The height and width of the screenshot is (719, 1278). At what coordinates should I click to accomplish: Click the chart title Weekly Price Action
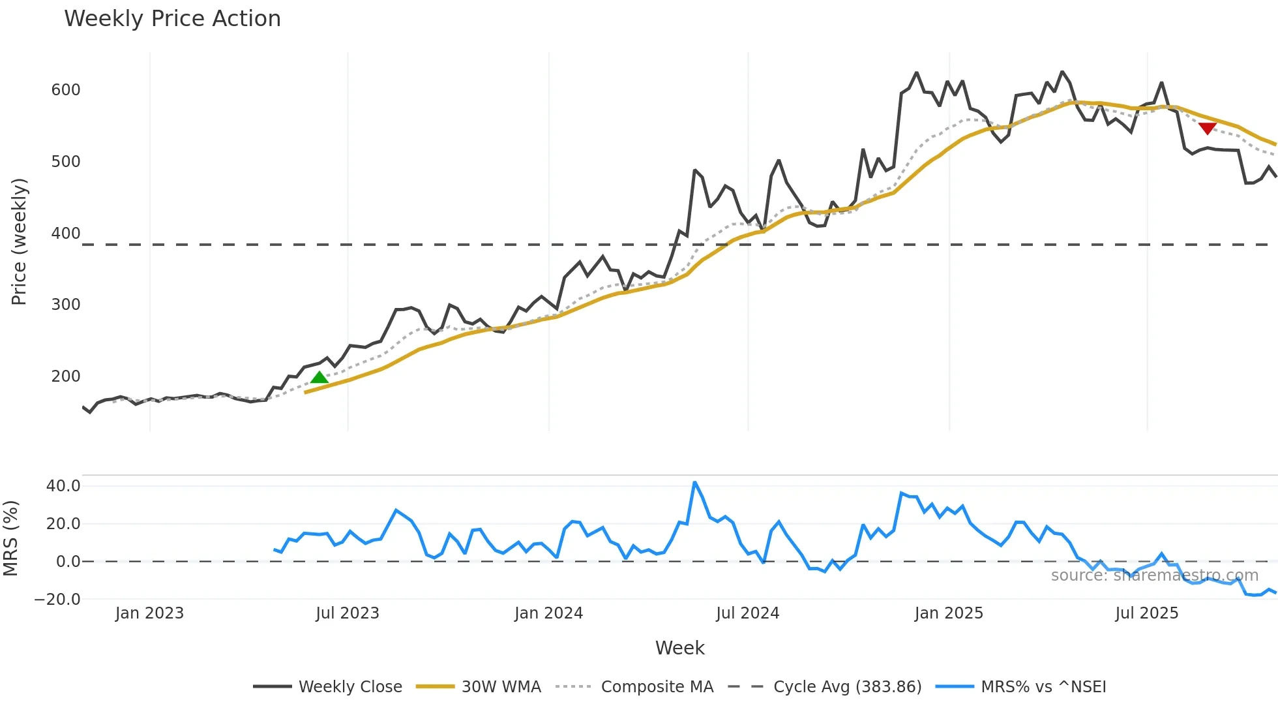[x=172, y=19]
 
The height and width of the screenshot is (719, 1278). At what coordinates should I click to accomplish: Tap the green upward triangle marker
[x=319, y=377]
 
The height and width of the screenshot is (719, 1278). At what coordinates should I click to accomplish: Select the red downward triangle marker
[x=1207, y=129]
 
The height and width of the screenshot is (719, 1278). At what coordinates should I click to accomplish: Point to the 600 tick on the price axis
[x=66, y=90]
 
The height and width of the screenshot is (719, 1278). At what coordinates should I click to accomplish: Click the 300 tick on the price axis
[x=66, y=305]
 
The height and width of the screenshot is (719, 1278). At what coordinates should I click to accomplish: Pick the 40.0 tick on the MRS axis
[x=63, y=486]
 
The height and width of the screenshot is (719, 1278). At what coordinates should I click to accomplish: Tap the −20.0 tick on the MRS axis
[x=58, y=600]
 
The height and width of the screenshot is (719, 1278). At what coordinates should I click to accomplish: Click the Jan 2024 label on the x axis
[x=548, y=613]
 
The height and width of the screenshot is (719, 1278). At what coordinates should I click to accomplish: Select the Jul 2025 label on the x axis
[x=1146, y=613]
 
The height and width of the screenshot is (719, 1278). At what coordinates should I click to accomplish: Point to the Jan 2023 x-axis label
[x=149, y=613]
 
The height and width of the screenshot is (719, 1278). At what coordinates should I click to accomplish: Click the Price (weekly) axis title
[x=19, y=241]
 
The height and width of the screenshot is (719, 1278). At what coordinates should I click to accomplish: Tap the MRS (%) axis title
[x=10, y=538]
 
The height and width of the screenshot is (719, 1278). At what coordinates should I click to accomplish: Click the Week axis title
[x=679, y=648]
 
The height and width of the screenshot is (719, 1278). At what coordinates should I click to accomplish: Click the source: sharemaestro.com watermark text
[x=1154, y=575]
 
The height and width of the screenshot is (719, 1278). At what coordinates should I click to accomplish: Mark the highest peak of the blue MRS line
[x=695, y=483]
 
